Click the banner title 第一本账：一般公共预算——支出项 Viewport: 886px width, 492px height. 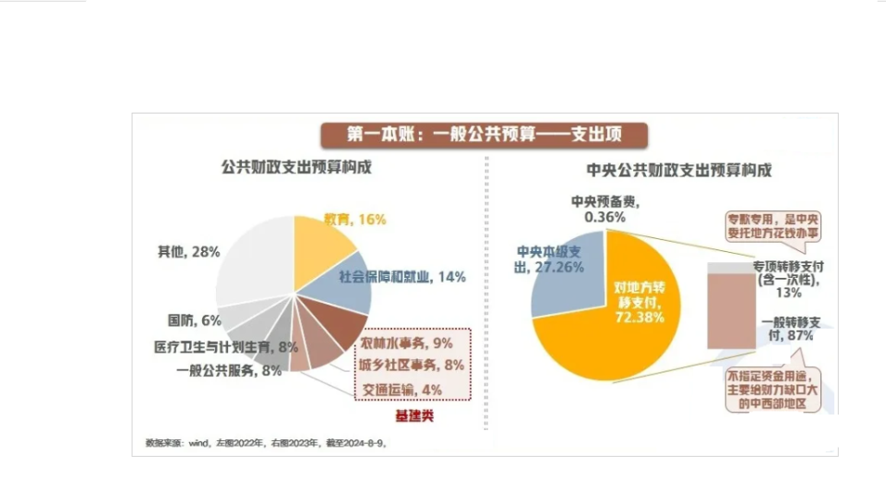(485, 135)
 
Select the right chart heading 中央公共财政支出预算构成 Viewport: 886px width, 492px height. (678, 171)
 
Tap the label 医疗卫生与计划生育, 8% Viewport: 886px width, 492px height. (225, 347)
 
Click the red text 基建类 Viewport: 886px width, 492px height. (414, 416)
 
